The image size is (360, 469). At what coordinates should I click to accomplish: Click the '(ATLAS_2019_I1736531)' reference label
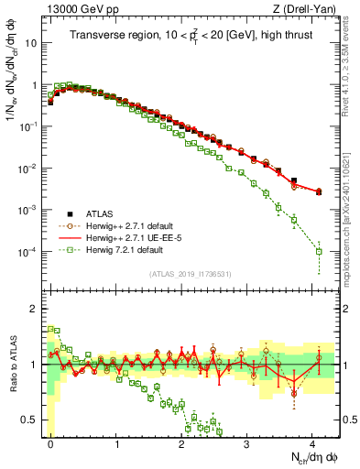(191, 273)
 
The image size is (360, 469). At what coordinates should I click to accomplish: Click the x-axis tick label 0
(50, 442)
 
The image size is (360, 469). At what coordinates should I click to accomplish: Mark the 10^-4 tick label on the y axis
(32, 251)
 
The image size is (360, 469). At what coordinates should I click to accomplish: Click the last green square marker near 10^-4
(319, 251)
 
